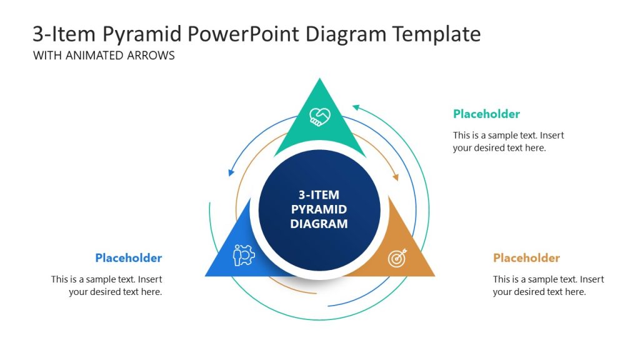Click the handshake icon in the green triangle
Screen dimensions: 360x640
320,116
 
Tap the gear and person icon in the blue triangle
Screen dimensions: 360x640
244,255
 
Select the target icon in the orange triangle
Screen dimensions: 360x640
397,257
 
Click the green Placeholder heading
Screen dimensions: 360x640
486,114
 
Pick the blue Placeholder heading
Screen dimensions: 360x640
128,257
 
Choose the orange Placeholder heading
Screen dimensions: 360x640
526,257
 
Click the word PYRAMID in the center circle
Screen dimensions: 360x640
319,209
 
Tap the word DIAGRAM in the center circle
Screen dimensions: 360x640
319,224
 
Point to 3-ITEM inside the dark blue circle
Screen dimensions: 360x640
319,195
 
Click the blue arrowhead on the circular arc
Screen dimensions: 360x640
231,172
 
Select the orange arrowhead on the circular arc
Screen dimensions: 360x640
395,177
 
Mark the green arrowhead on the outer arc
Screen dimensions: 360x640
356,107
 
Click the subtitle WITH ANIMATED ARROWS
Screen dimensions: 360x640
104,55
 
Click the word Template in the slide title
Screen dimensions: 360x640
436,34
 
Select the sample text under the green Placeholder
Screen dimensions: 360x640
508,141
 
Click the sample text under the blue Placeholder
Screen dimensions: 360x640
107,286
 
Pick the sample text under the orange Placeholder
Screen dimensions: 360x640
548,286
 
